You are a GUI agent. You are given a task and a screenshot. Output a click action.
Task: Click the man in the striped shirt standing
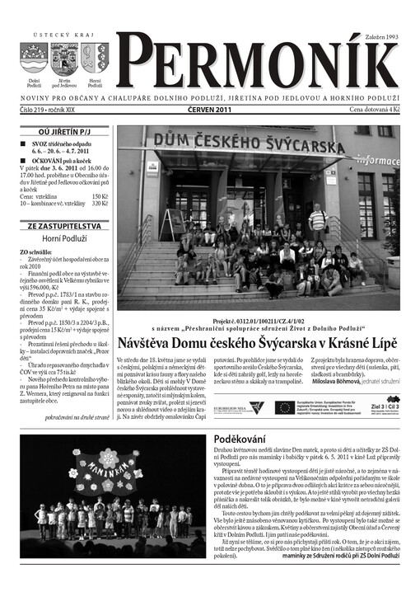317,221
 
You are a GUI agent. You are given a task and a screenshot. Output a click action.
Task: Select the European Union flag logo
285,406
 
